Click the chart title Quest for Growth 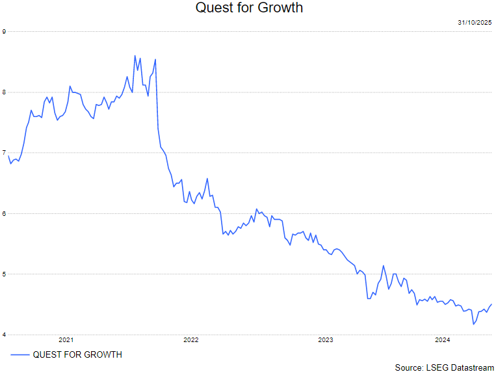point(249,8)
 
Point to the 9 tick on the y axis point(4,31)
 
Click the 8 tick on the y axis point(4,92)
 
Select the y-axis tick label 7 point(4,153)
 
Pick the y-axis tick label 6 point(4,213)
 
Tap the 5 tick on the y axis point(4,274)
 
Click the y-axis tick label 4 point(4,334)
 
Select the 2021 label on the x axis point(66,340)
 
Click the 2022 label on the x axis point(191,340)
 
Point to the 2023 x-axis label point(326,340)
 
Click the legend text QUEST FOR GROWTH point(77,354)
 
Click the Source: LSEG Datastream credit point(444,367)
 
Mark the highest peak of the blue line point(135,56)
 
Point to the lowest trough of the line point(473,324)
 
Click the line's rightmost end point point(491,304)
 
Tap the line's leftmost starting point point(8,155)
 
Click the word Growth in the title point(281,8)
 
